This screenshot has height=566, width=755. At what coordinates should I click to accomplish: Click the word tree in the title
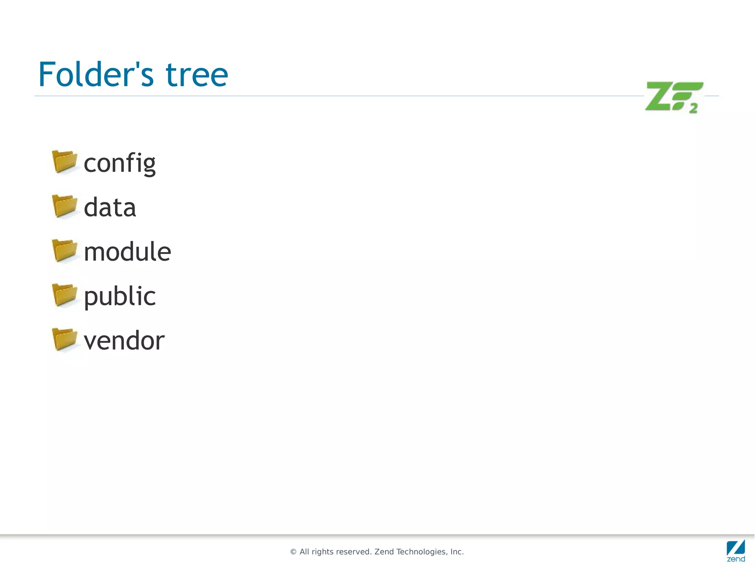coord(197,75)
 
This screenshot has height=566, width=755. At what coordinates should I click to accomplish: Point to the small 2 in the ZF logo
coord(693,108)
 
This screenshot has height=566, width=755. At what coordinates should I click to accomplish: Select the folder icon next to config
coord(65,162)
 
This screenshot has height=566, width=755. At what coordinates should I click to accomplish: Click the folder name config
coord(120,163)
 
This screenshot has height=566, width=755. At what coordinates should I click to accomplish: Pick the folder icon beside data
coord(65,206)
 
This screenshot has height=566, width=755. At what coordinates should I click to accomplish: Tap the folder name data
coord(110,207)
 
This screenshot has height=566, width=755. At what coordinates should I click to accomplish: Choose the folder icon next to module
coord(65,250)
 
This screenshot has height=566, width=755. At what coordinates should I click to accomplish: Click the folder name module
coord(127,252)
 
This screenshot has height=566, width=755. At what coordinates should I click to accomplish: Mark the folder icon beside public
coord(65,295)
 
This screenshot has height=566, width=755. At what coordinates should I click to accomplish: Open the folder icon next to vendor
coord(65,339)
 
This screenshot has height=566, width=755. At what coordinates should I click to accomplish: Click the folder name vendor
coord(124,341)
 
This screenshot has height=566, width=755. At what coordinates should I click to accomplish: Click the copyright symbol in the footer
coord(293,552)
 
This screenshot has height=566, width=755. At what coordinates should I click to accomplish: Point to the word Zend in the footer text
coord(384,552)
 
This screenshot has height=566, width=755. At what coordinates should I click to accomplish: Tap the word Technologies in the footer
coord(421,552)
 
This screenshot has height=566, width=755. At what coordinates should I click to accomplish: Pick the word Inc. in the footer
coord(457,552)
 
